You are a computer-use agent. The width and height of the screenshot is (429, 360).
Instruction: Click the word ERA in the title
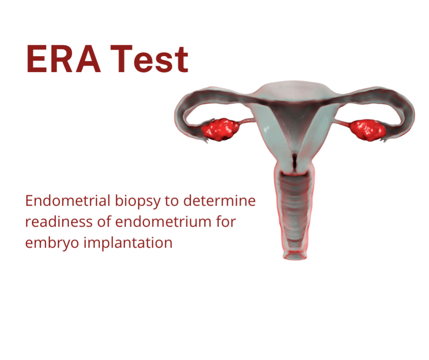pos(63,59)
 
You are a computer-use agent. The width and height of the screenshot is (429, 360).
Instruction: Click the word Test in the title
pos(149,59)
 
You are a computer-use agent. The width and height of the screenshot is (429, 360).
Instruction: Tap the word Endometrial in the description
pos(68,201)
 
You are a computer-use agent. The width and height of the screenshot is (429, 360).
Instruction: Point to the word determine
pos(220,201)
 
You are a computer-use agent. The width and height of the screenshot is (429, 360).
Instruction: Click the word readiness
pos(59,222)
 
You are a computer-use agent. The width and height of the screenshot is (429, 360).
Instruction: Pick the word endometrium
pos(163,222)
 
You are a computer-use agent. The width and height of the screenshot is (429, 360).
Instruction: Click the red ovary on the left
pos(220,129)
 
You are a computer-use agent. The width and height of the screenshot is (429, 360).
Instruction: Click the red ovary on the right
pos(368,130)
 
